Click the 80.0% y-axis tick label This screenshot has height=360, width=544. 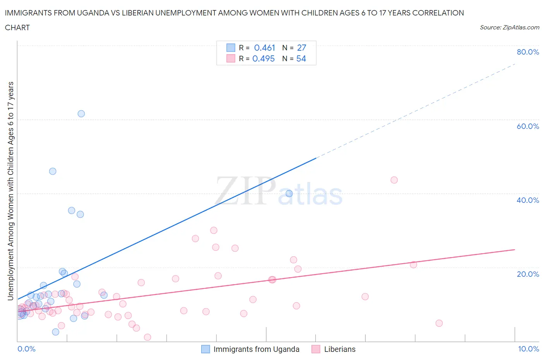(x=528, y=52)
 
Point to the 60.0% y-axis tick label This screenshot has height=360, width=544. (x=528, y=126)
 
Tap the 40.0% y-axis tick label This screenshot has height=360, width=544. (x=528, y=200)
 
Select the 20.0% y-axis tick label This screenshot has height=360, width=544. (x=528, y=274)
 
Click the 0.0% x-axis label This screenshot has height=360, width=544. (x=26, y=349)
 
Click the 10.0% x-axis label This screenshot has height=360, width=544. (x=529, y=349)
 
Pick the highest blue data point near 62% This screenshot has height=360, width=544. (x=81, y=114)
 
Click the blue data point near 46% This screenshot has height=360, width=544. (x=53, y=171)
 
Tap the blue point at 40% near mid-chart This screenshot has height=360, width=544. (x=289, y=194)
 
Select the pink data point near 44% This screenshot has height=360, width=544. (x=394, y=180)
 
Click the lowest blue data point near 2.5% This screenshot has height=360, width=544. (x=56, y=332)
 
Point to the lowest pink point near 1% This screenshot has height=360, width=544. (x=147, y=337)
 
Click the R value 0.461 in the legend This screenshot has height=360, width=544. (x=264, y=48)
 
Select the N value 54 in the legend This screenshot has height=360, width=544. (x=301, y=58)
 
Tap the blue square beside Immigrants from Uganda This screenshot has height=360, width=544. (x=205, y=349)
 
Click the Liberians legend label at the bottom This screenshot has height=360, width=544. (x=340, y=349)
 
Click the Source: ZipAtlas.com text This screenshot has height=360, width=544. (x=509, y=27)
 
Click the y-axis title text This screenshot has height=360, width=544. (x=10, y=191)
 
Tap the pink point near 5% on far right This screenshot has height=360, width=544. (x=439, y=323)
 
